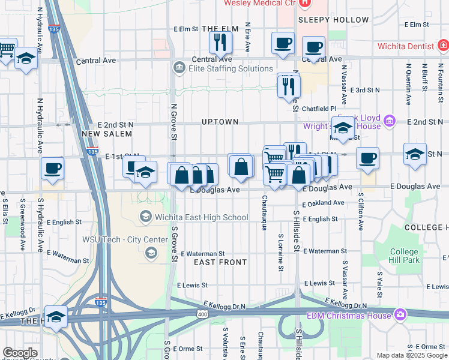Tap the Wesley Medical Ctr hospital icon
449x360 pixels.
point(306,3)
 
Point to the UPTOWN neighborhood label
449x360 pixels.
point(220,122)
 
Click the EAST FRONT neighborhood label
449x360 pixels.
point(220,262)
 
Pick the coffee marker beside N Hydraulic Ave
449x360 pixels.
point(53,168)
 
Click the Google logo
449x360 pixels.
point(20,353)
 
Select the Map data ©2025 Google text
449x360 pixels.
point(411,355)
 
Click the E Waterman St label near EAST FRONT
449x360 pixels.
point(202,254)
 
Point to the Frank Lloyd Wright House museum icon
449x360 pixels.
point(389,122)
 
